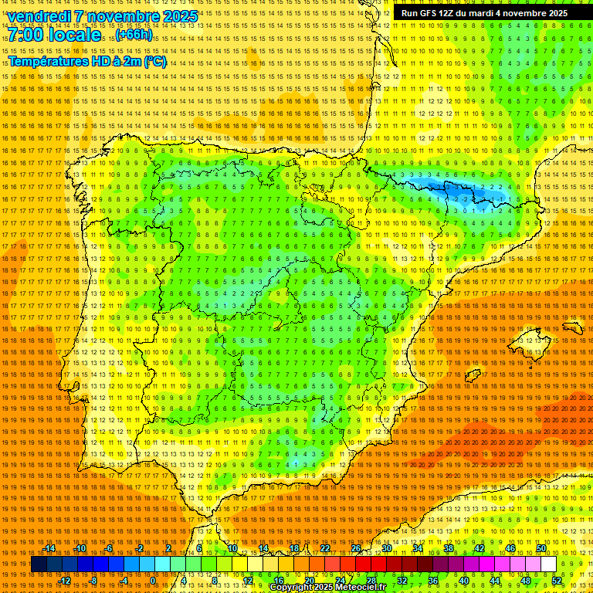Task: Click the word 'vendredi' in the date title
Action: tap(39, 16)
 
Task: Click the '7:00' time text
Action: tap(25, 36)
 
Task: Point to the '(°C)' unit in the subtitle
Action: tap(154, 61)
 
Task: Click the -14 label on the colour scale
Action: tap(49, 548)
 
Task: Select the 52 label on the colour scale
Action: tap(557, 581)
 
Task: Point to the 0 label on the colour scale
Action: tap(153, 581)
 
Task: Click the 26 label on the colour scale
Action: tap(356, 548)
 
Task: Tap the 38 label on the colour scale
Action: tap(449, 548)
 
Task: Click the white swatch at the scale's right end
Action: tap(549, 564)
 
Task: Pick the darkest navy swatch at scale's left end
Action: tap(39, 564)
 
